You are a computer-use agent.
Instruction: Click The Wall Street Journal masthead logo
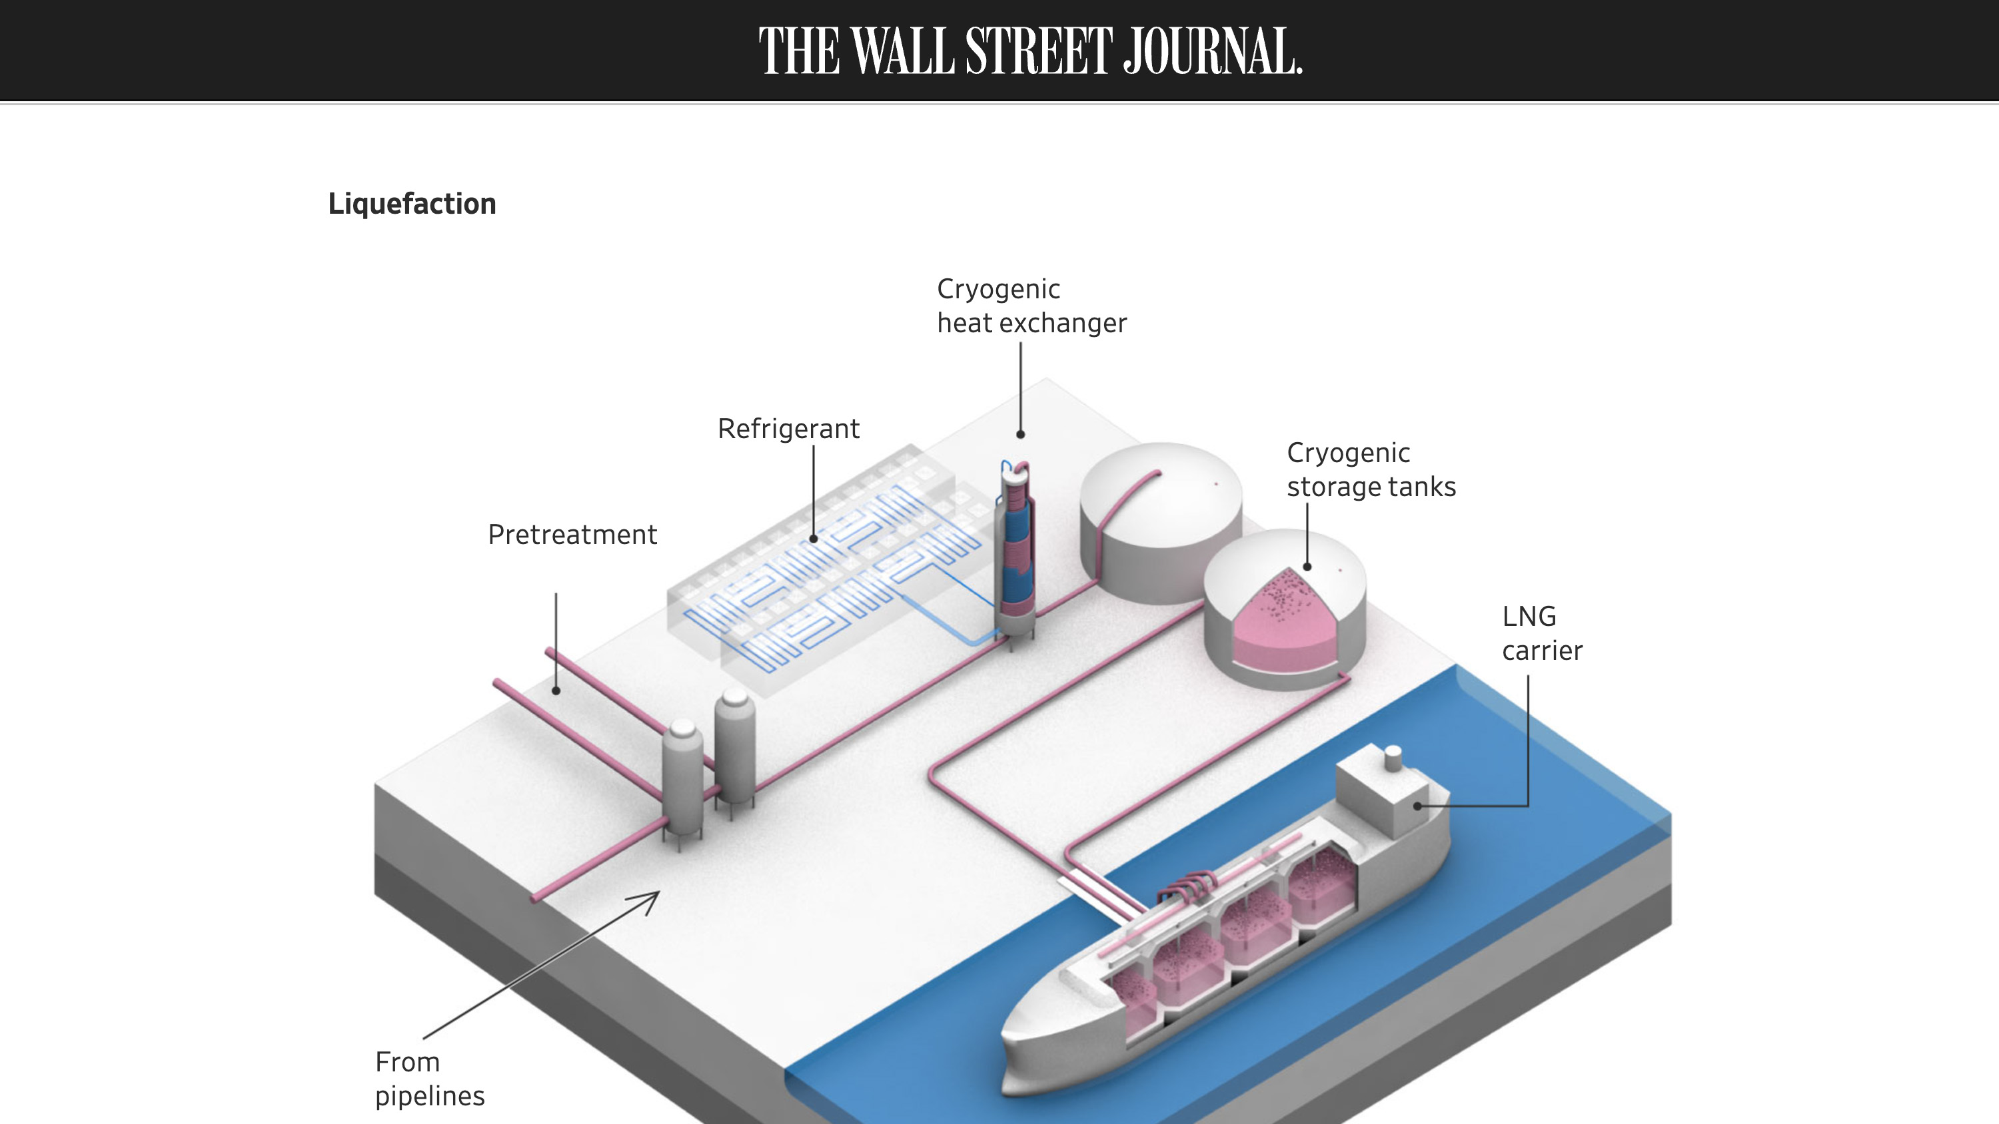pyautogui.click(x=1029, y=51)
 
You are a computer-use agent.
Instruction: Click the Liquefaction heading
pyautogui.click(x=412, y=204)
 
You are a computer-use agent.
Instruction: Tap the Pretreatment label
pyautogui.click(x=572, y=535)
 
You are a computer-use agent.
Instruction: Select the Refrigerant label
pyautogui.click(x=788, y=429)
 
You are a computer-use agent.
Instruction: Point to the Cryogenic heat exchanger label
pyautogui.click(x=1031, y=306)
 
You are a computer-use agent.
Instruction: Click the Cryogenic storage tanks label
pyautogui.click(x=1371, y=470)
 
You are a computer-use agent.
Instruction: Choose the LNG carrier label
pyautogui.click(x=1541, y=634)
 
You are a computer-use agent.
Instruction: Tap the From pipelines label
pyautogui.click(x=429, y=1079)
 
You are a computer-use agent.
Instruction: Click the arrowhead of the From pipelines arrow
pyautogui.click(x=652, y=898)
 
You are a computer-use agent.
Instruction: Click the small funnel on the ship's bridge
pyautogui.click(x=1393, y=757)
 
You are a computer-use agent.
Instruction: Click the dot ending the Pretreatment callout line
pyautogui.click(x=556, y=691)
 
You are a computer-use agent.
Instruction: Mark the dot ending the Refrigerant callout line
pyautogui.click(x=813, y=538)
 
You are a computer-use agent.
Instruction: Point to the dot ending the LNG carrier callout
pyautogui.click(x=1418, y=806)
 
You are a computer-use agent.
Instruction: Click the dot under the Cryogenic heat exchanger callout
pyautogui.click(x=1020, y=434)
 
